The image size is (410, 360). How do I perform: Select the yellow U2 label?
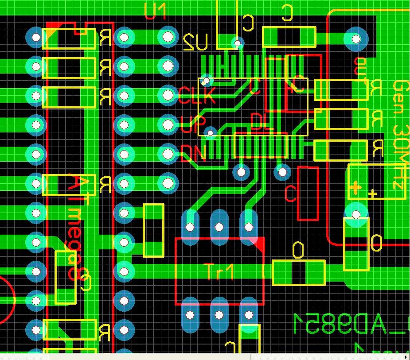pyautogui.click(x=195, y=43)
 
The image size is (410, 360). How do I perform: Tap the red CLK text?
pyautogui.click(x=197, y=95)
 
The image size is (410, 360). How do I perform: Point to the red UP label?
pyautogui.click(x=193, y=124)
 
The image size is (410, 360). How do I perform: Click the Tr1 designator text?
pyautogui.click(x=219, y=271)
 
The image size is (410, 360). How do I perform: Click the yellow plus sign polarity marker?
pyautogui.click(x=355, y=188)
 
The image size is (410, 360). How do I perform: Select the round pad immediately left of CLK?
pyautogui.click(x=168, y=95)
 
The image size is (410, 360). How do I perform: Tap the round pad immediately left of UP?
pyautogui.click(x=168, y=125)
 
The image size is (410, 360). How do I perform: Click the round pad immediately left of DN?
pyautogui.click(x=168, y=154)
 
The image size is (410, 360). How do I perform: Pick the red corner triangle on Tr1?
pyautogui.click(x=258, y=243)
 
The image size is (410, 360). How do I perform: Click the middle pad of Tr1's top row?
pyautogui.click(x=219, y=227)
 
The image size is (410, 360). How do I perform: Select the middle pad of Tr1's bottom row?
pyautogui.click(x=219, y=315)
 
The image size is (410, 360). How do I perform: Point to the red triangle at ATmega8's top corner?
pyautogui.click(x=53, y=28)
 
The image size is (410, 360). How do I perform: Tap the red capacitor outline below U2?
pyautogui.click(x=308, y=194)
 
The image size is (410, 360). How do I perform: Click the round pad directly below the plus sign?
pyautogui.click(x=356, y=215)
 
